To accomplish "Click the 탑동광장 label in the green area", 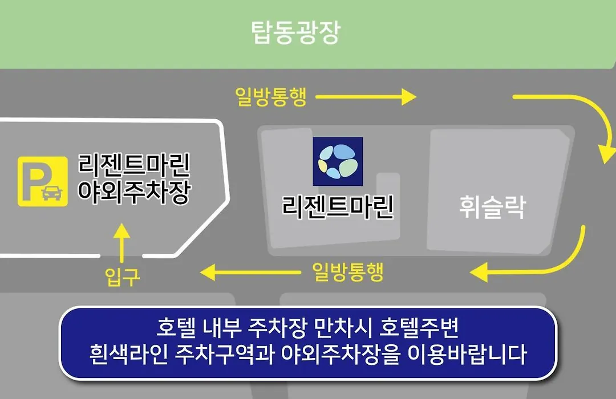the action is point(295,32).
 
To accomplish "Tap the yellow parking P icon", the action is point(42,181).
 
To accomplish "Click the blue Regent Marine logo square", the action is point(338,161).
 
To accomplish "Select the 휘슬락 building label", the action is point(492,207).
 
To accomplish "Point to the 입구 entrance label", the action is point(122,276).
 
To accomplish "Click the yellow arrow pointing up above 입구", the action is point(122,243).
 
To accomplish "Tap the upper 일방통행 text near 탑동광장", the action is point(271,96).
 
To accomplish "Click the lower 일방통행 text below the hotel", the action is point(348,272).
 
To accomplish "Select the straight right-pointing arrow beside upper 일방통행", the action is point(366,96).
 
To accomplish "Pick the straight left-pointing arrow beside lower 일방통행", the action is point(250,272).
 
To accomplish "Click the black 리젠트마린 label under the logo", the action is point(338,207).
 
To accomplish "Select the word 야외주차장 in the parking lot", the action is point(134,192).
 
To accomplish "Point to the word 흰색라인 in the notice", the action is point(128,353).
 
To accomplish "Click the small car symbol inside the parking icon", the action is point(52,193).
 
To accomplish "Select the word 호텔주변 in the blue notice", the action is point(419,327).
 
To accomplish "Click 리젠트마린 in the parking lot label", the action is point(134,164).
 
